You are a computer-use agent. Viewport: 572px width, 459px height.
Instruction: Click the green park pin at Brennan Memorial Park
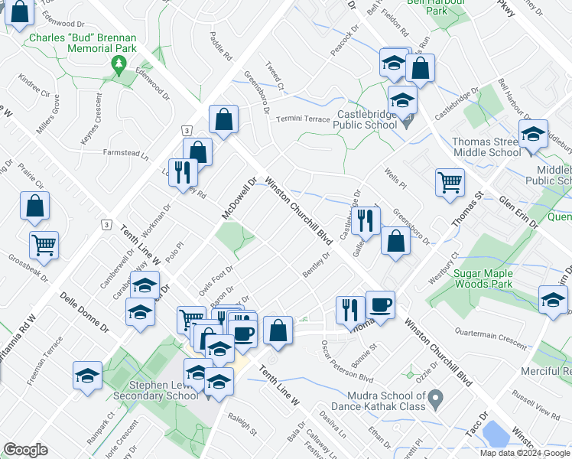pos(117,67)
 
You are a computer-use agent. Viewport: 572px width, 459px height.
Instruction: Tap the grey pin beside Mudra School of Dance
pos(436,398)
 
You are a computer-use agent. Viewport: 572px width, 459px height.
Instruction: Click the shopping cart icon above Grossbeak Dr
pos(44,245)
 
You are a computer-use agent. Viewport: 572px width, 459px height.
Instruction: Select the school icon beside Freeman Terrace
pos(88,376)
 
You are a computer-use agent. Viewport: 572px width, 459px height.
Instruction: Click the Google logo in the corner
pos(26,450)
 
